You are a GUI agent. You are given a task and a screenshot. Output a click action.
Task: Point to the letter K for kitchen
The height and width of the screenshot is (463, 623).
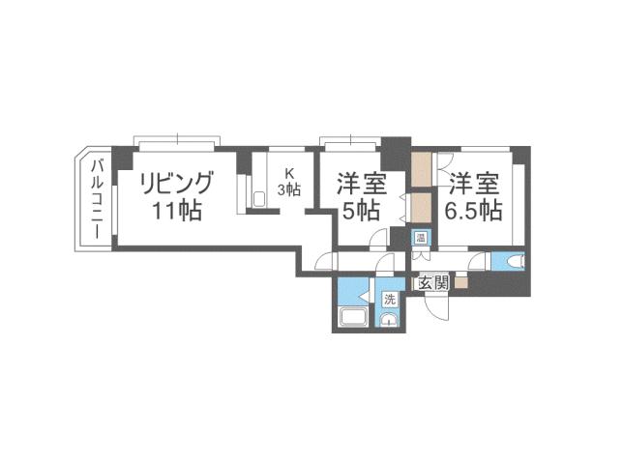pos(288,174)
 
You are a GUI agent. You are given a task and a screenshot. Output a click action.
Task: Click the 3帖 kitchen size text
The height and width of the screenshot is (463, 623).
pos(289,189)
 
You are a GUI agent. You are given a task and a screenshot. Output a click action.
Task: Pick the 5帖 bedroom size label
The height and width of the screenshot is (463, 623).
pos(360,211)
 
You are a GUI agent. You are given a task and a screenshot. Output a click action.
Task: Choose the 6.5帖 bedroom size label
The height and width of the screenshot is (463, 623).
pos(473,210)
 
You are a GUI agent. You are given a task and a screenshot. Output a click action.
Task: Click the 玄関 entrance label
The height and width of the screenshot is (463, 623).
pos(432,283)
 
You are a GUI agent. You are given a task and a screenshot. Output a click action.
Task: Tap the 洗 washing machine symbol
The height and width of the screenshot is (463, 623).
pos(389,300)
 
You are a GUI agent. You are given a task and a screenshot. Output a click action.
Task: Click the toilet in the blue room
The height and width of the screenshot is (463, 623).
pos(513,260)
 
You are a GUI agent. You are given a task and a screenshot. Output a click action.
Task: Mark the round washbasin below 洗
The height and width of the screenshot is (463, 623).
pos(389,321)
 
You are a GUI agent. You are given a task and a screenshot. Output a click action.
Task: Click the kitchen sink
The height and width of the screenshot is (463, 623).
pos(258,199)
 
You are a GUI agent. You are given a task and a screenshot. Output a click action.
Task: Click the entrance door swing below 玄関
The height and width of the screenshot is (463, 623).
pos(437,305)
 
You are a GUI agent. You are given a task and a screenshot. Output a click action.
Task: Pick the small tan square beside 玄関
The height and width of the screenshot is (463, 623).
pos(460,283)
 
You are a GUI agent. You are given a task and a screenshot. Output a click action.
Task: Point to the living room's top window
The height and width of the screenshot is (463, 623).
pos(178,142)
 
